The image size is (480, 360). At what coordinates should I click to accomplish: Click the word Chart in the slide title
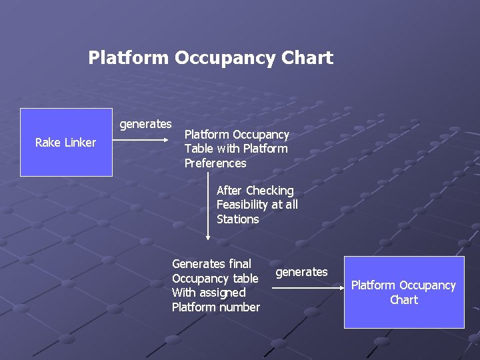pos(307,58)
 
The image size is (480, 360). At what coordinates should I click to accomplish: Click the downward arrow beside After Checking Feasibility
pos(208,207)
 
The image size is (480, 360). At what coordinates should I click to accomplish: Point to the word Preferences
pos(215,163)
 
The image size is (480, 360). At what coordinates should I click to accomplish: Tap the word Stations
pos(237,219)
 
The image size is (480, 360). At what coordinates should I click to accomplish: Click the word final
pos(239,264)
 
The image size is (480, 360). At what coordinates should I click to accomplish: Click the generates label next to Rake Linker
pos(145,124)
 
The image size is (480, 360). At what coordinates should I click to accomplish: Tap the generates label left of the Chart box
pos(301,272)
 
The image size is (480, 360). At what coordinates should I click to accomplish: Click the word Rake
pos(47,143)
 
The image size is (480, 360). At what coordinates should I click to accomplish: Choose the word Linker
pos(79,143)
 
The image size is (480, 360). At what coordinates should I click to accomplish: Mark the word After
pos(229,191)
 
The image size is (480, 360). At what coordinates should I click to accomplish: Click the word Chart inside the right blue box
pos(404,300)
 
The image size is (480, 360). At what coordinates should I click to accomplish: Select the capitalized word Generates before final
pos(198,264)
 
